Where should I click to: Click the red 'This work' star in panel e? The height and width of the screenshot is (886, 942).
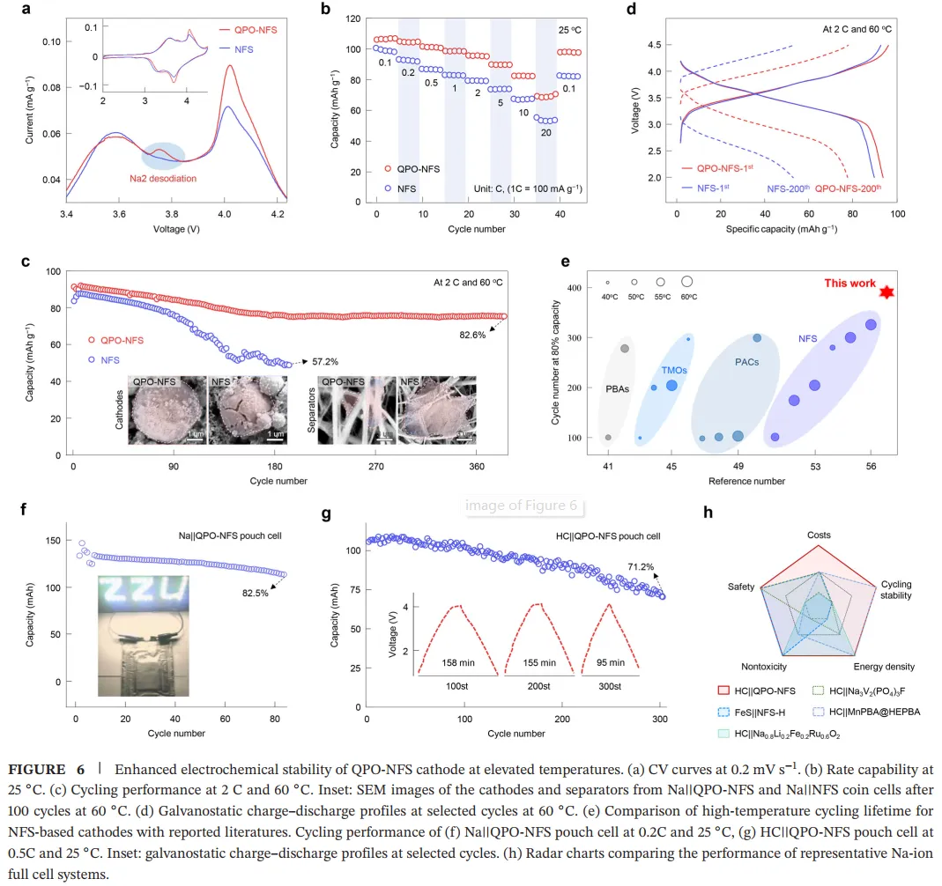click(x=886, y=292)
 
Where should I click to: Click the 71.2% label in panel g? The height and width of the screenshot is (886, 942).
click(x=641, y=567)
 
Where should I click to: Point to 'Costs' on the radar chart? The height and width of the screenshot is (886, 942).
click(x=819, y=535)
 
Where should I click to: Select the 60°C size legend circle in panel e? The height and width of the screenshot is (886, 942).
click(x=686, y=282)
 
